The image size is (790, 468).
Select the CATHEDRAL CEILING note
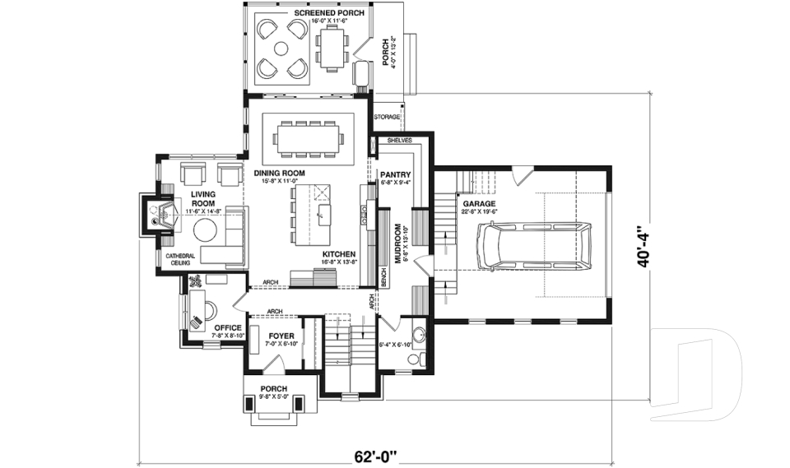(180, 259)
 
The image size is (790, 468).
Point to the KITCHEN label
(338, 254)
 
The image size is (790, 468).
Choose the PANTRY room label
(395, 174)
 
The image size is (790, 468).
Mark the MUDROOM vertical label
(397, 243)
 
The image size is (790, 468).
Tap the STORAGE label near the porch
(387, 117)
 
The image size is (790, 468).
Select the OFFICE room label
(227, 327)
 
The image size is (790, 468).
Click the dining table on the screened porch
(332, 48)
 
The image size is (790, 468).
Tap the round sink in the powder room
(419, 336)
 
